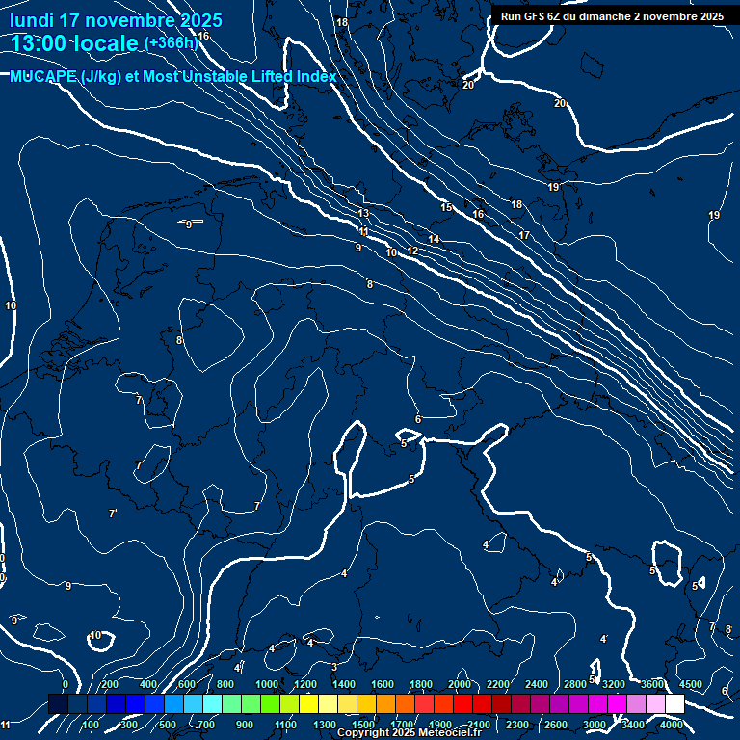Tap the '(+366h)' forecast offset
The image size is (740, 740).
pyautogui.click(x=171, y=42)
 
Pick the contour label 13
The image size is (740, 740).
pyautogui.click(x=363, y=213)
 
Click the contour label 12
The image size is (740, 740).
pyautogui.click(x=412, y=251)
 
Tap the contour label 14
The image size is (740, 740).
pyautogui.click(x=435, y=239)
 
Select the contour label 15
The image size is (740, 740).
pyautogui.click(x=446, y=207)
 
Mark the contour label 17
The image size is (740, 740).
pyautogui.click(x=524, y=235)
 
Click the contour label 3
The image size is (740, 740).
pyautogui.click(x=333, y=667)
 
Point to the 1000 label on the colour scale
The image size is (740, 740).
pyautogui.click(x=267, y=684)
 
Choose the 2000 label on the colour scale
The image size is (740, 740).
pyautogui.click(x=460, y=684)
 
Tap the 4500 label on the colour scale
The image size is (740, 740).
pyautogui.click(x=691, y=684)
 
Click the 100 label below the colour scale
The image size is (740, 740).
pyautogui.click(x=92, y=725)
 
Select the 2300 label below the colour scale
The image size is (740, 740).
pyautogui.click(x=516, y=725)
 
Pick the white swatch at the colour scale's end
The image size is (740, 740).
pyautogui.click(x=674, y=704)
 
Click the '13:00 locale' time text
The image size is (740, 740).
pyautogui.click(x=75, y=42)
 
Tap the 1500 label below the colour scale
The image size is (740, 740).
pyautogui.click(x=363, y=725)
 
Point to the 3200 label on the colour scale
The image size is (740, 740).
pyautogui.click(x=614, y=684)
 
